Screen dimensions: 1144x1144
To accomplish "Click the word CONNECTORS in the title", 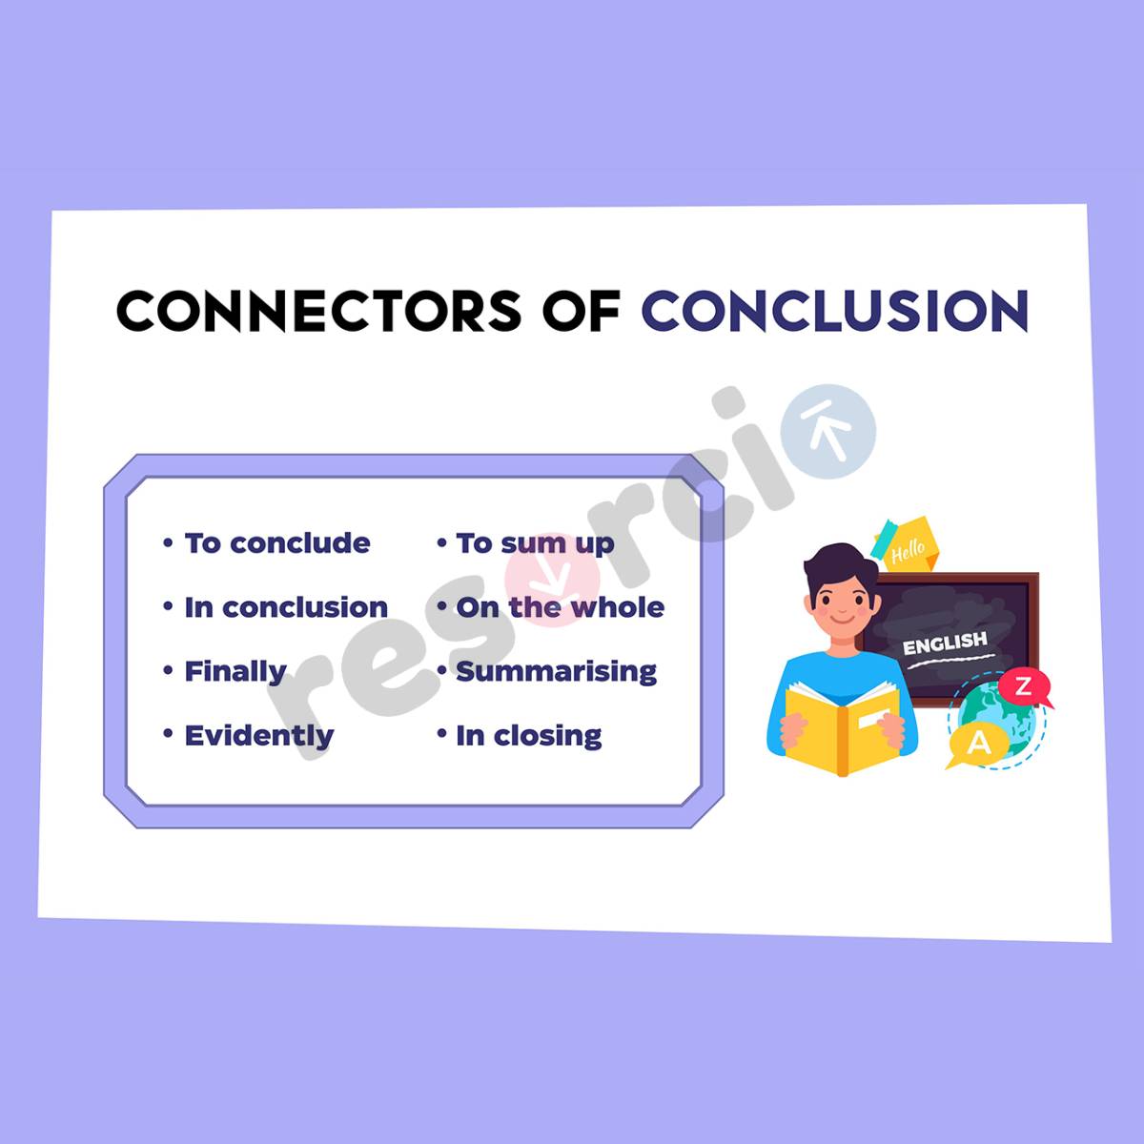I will (x=318, y=311).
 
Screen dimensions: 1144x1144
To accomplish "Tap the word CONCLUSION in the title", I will (x=835, y=311).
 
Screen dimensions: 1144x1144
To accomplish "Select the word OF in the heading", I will (x=582, y=311).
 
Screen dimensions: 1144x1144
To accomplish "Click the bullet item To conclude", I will (x=276, y=543).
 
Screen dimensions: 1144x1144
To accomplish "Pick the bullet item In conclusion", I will (x=285, y=607).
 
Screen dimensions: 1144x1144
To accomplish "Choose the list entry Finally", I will (x=235, y=671).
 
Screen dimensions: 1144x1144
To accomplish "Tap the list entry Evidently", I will (x=258, y=735).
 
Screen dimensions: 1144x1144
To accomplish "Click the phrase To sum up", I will (x=534, y=543).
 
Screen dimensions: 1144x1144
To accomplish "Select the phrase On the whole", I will (x=560, y=607).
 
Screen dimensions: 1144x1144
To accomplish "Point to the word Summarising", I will (x=556, y=671).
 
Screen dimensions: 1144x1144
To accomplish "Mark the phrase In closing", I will (x=528, y=735).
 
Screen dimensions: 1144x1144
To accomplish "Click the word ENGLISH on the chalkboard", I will (x=945, y=643).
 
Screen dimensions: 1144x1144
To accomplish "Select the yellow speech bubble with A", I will (x=977, y=743).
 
